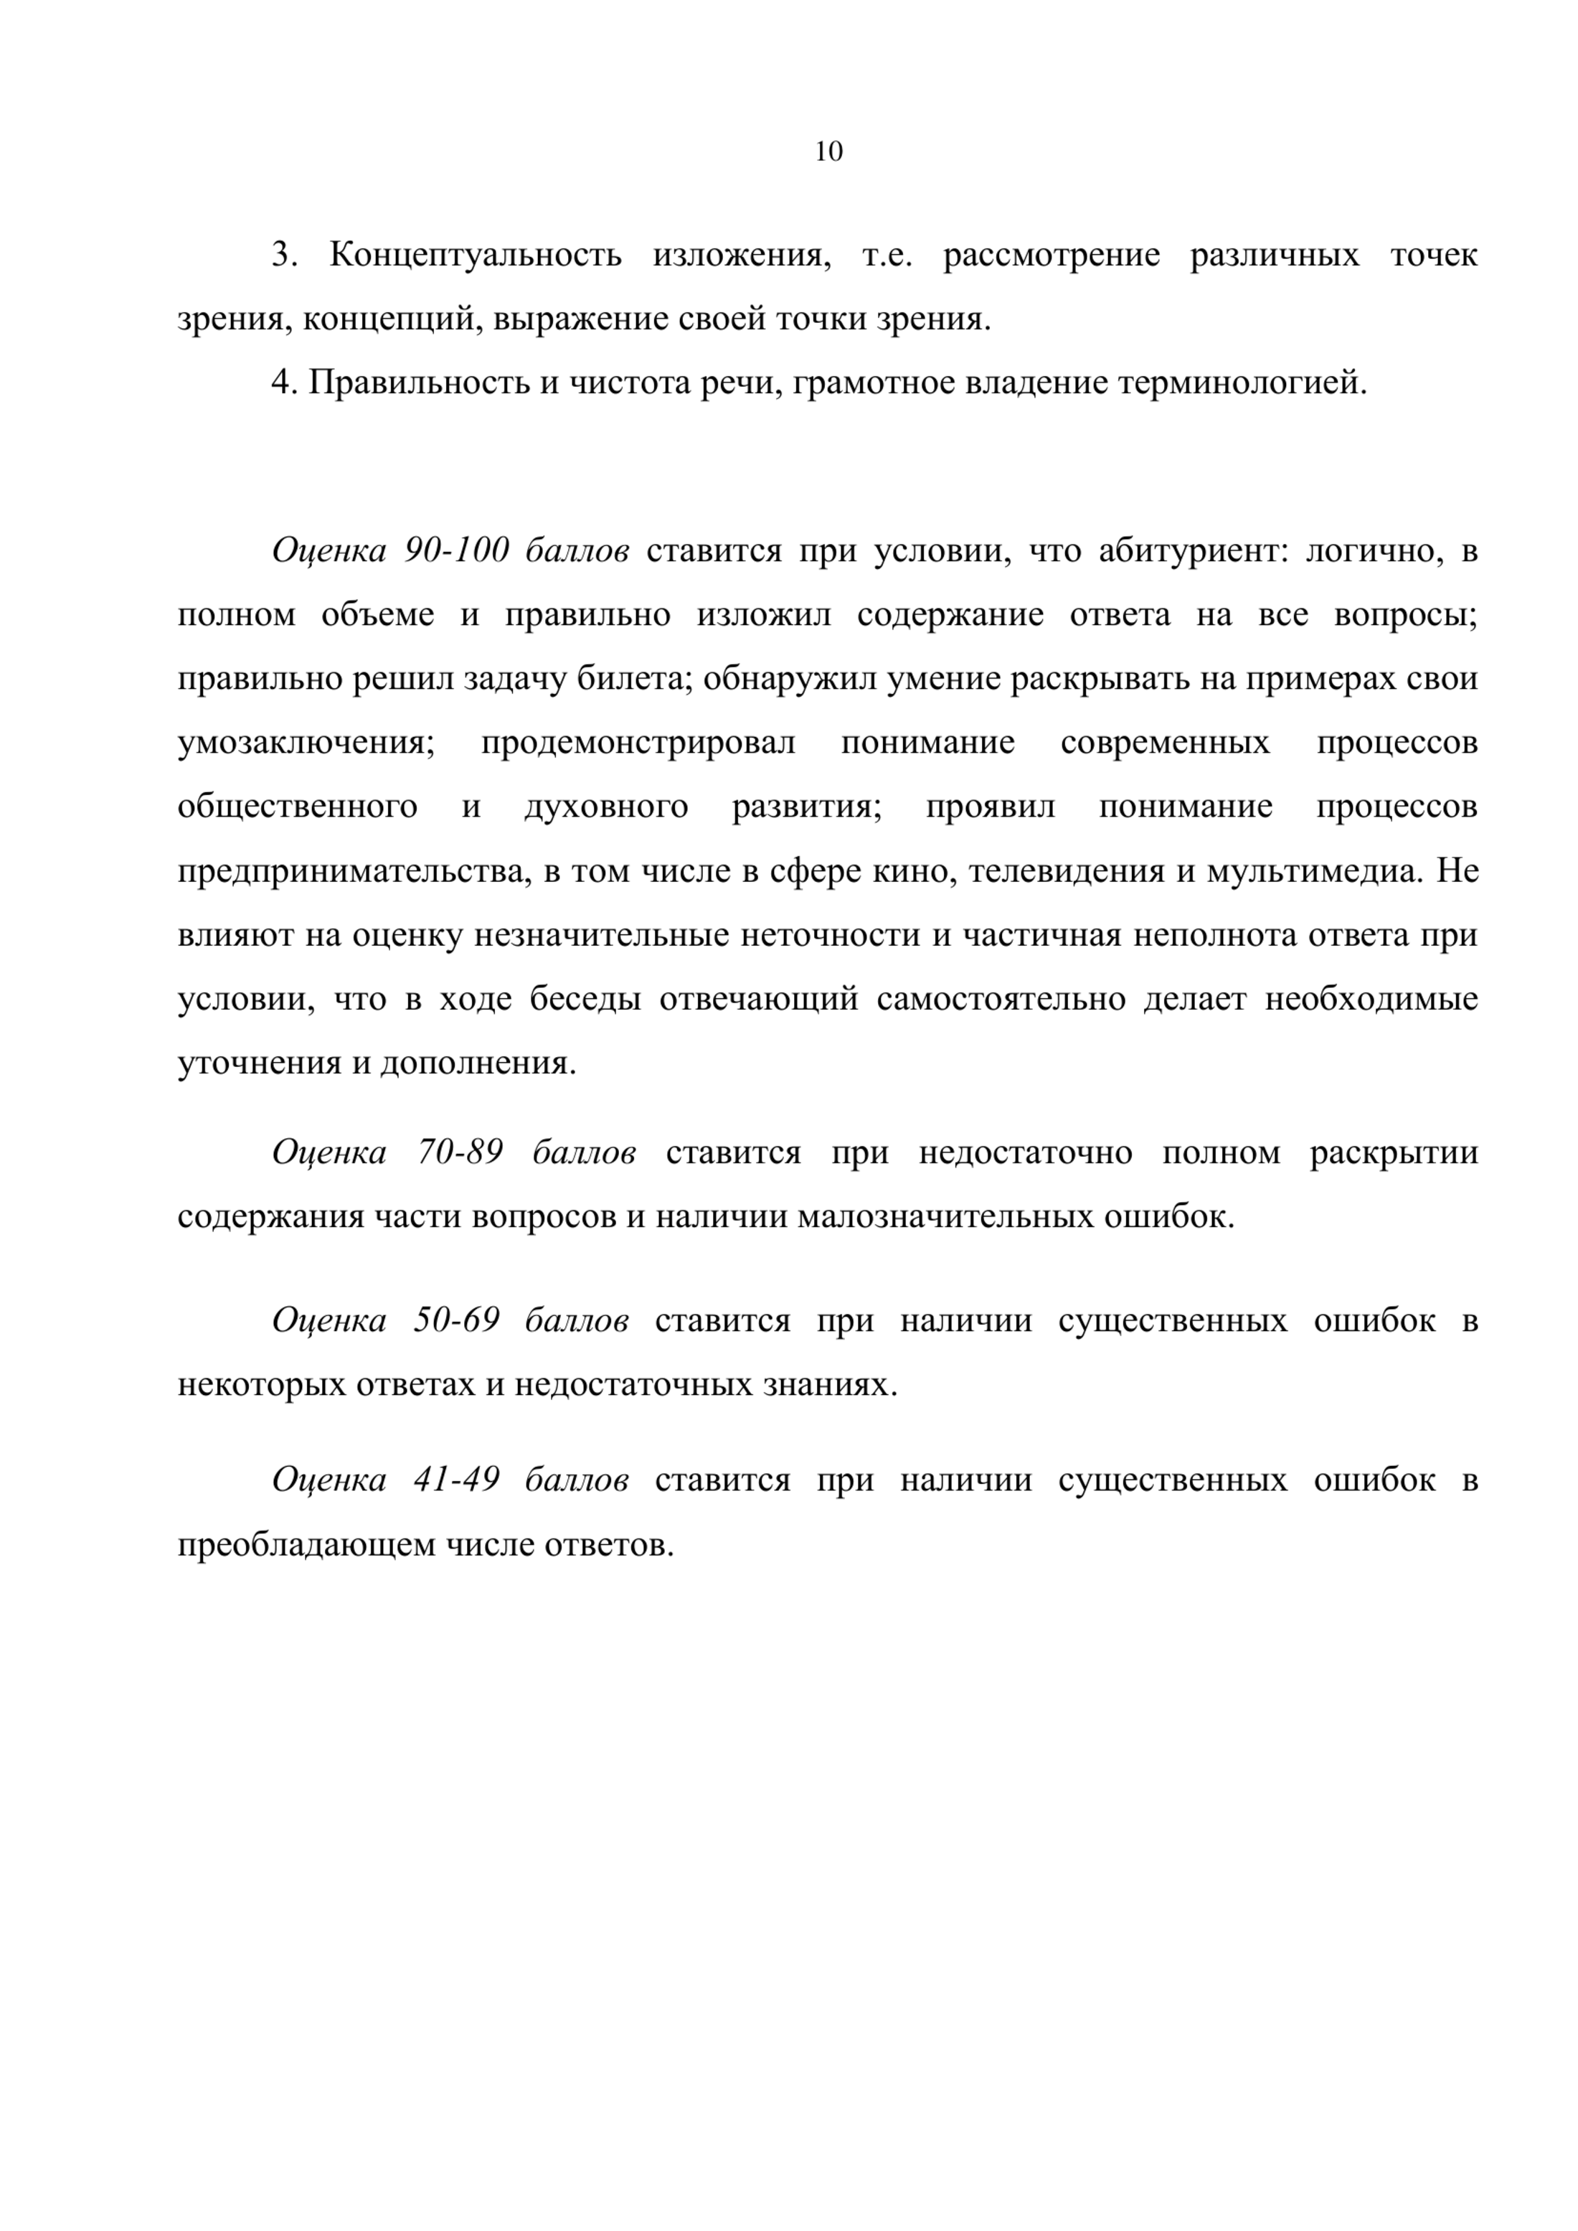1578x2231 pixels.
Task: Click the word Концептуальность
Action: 475,255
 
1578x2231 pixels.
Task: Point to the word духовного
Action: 606,807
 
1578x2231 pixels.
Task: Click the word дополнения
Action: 477,1063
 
